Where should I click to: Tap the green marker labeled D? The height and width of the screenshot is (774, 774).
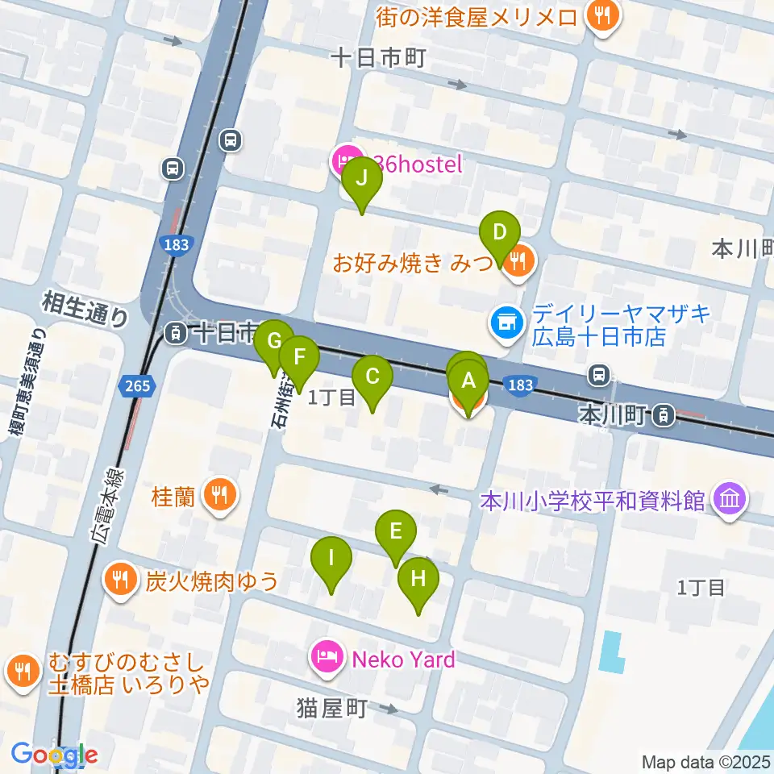[x=500, y=235]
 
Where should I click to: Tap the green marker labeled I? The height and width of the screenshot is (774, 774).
[x=331, y=559]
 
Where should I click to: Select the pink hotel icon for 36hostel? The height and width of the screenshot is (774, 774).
[x=345, y=160]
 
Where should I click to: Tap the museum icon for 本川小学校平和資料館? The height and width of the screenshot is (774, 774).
[x=730, y=501]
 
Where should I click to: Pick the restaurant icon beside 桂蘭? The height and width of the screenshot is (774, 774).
[x=218, y=493]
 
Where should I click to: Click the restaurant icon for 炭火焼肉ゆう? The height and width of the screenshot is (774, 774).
[x=120, y=580]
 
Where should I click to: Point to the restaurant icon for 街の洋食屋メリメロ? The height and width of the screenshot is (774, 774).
[x=601, y=15]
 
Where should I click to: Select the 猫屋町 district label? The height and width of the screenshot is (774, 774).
[x=331, y=709]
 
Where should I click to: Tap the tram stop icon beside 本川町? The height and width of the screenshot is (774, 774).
[x=663, y=415]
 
